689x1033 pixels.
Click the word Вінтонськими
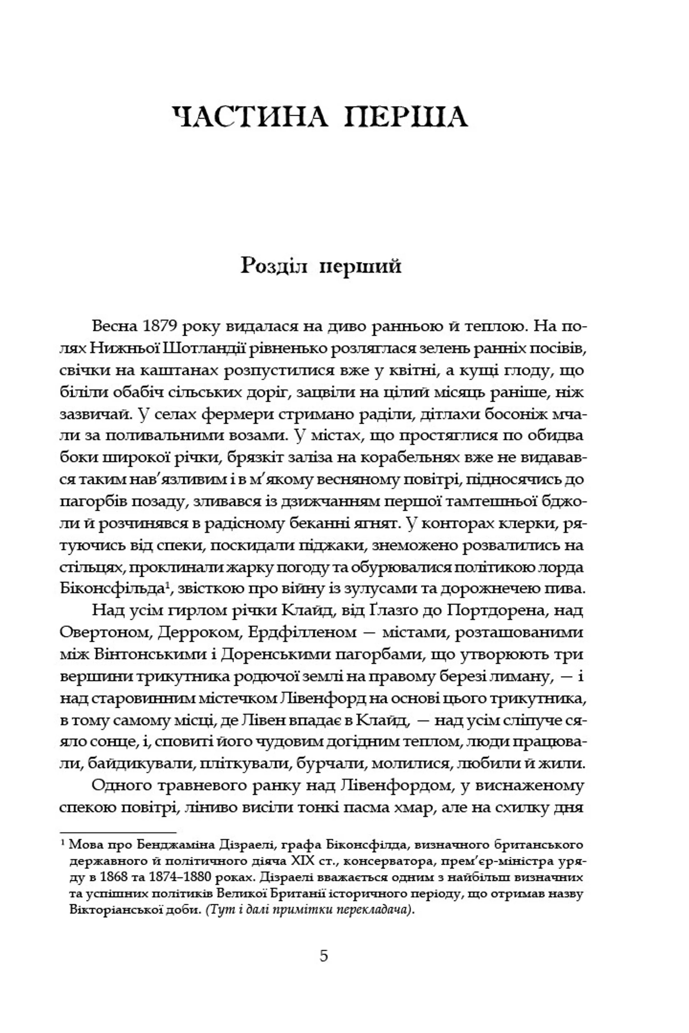tap(147, 654)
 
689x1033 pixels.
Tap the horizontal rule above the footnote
tap(118, 832)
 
